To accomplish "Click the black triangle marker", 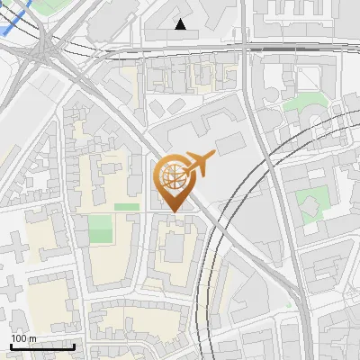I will click(x=181, y=24).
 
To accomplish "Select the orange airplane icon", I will click(x=199, y=163).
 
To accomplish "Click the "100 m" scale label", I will click(x=23, y=337).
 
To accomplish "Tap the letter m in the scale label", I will click(x=32, y=337).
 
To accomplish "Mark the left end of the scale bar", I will click(x=12, y=346).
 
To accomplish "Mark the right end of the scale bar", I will click(x=74, y=346).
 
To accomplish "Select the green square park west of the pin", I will click(x=101, y=229).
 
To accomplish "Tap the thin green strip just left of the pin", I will click(x=127, y=207).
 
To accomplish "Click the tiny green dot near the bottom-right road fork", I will click(x=290, y=303).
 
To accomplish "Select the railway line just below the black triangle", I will click(x=180, y=49).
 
